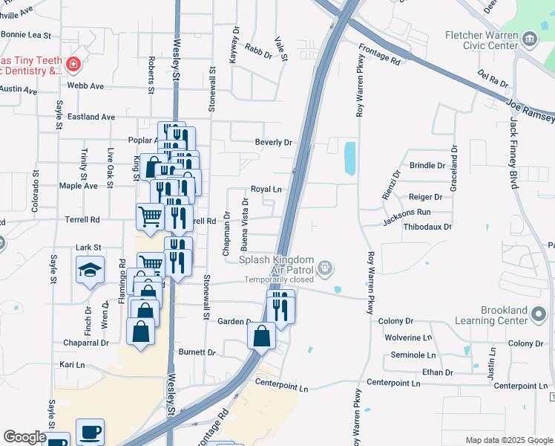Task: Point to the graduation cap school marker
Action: point(91,270)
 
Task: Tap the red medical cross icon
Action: point(73,65)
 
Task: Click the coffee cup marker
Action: point(91,431)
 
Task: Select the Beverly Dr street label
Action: point(274,142)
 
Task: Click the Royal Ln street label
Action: point(266,189)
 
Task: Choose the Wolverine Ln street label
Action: point(408,337)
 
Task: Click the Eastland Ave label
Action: point(91,117)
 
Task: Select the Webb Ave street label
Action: point(85,85)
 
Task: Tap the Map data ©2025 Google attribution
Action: point(508,440)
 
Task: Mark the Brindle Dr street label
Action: point(427,165)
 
